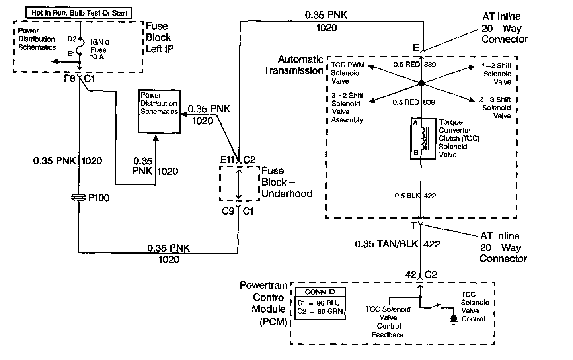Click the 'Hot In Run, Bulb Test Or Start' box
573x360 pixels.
(x=80, y=13)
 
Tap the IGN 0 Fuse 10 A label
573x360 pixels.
(x=99, y=50)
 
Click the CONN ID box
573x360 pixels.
(x=320, y=304)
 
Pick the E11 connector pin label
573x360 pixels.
(x=228, y=160)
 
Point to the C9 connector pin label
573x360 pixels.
(x=228, y=211)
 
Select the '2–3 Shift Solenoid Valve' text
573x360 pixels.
(x=496, y=108)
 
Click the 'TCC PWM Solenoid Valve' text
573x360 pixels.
(x=347, y=73)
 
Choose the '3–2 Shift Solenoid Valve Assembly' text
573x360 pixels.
(x=347, y=108)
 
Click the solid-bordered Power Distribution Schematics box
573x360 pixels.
(x=159, y=111)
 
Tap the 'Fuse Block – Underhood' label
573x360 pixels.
(x=286, y=182)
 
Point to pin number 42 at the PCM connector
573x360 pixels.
(x=411, y=274)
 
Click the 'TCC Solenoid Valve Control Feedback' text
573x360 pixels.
(x=388, y=322)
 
